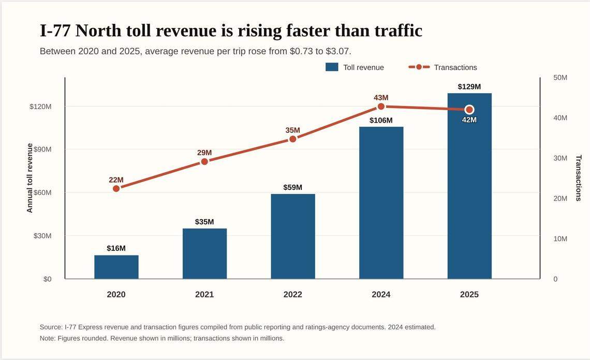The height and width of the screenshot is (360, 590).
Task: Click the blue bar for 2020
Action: click(116, 267)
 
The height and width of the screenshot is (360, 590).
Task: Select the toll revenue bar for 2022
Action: click(292, 236)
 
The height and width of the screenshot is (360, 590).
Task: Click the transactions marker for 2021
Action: click(204, 161)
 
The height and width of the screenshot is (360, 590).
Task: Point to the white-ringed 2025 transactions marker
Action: click(469, 110)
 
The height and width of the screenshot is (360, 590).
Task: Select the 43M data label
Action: click(381, 98)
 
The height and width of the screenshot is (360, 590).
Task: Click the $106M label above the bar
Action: click(381, 121)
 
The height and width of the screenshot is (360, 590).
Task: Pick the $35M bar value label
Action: click(204, 222)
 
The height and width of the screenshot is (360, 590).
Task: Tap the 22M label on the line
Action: click(116, 180)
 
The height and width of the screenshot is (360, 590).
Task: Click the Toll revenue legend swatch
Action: click(332, 67)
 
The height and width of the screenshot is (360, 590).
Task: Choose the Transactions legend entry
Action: click(455, 67)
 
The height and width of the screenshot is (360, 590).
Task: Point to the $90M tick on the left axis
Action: click(40, 149)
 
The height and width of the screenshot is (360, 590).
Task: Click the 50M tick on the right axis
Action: click(560, 78)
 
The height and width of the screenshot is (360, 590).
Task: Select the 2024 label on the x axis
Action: click(381, 294)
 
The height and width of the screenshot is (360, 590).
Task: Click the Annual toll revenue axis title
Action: click(30, 178)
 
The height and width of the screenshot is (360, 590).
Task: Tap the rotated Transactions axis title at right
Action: click(579, 178)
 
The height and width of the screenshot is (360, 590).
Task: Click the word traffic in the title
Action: click(397, 31)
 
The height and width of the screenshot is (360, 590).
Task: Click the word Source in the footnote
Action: click(51, 327)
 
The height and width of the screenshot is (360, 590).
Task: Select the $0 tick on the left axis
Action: click(47, 279)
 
